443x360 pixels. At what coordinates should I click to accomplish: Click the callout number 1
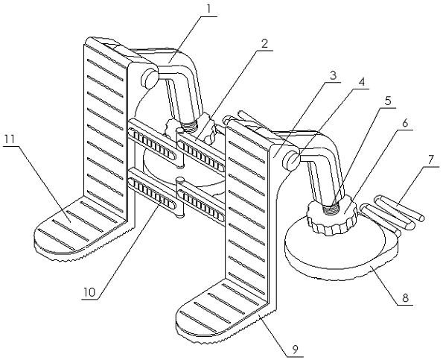(x=208, y=9)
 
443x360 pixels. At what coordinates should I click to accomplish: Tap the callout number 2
(x=264, y=43)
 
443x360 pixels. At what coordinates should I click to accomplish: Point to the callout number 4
(x=362, y=82)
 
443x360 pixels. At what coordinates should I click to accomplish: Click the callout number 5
(x=388, y=101)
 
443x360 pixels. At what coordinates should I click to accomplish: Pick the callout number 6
(x=405, y=123)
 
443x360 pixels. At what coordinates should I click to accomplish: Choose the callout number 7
(x=430, y=160)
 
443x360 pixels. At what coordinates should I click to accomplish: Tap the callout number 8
(x=405, y=298)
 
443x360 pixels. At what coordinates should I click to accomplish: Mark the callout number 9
(x=295, y=350)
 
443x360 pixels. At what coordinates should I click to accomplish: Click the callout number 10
(x=89, y=292)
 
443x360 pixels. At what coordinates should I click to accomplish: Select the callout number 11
(x=10, y=139)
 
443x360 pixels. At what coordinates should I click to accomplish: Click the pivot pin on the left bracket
(x=150, y=78)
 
